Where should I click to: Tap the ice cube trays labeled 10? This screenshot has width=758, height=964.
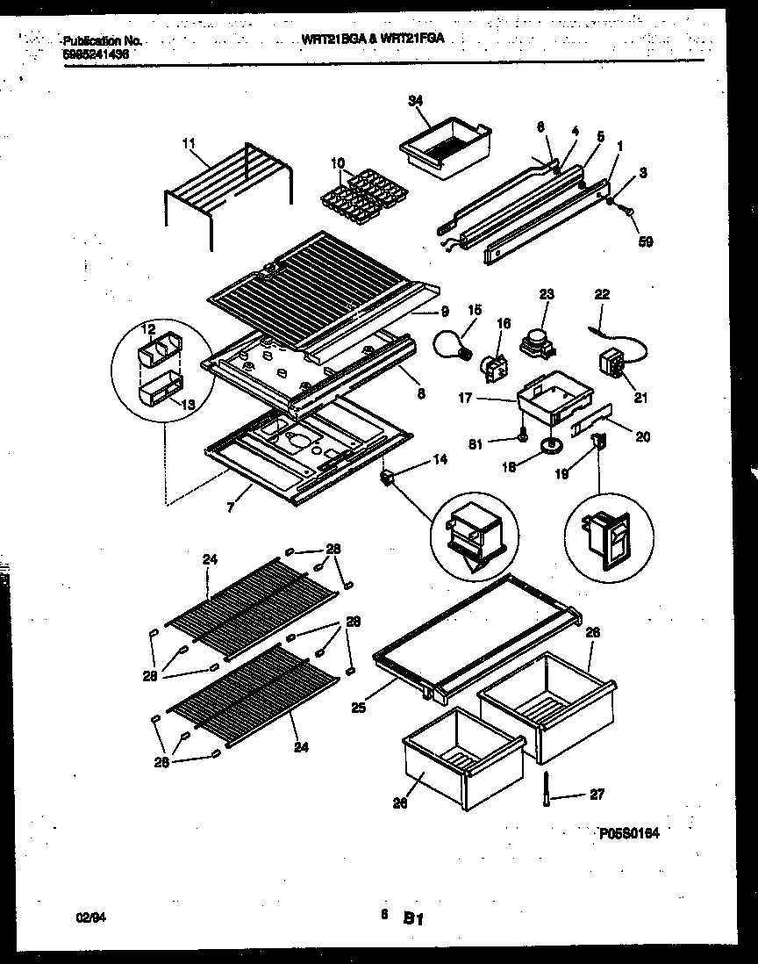359,198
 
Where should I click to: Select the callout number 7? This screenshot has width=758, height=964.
230,507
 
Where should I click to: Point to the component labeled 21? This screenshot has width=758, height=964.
611,363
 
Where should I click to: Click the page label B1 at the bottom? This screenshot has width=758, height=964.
414,920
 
